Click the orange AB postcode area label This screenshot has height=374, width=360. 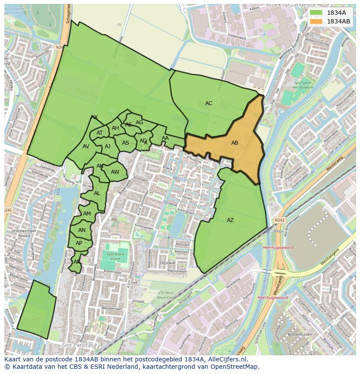(x=235, y=143)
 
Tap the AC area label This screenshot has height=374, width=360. (x=209, y=103)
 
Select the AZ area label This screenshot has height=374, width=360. (x=230, y=220)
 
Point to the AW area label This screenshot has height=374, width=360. (x=115, y=172)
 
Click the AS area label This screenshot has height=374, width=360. (x=126, y=143)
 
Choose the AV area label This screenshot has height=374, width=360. (x=86, y=146)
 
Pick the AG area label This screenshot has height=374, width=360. (x=139, y=122)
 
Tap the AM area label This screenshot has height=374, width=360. (x=87, y=214)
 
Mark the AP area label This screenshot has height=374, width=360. (x=79, y=243)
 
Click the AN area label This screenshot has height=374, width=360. (x=82, y=230)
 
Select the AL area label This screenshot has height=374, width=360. (x=97, y=193)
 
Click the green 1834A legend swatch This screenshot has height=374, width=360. (x=316, y=13)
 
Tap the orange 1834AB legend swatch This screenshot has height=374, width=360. (x=316, y=21)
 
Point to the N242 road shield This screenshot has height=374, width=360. (x=280, y=220)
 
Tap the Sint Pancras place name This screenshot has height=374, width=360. (x=78, y=345)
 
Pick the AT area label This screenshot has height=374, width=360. (x=100, y=133)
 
